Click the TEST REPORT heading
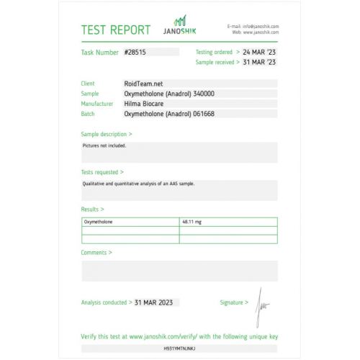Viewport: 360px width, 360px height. click(x=115, y=30)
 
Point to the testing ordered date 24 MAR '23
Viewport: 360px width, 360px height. click(x=259, y=53)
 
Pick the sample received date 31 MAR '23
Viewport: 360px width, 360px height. click(x=259, y=63)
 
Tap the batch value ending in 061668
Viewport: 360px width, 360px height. click(x=169, y=114)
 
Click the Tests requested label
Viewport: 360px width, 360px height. click(x=102, y=172)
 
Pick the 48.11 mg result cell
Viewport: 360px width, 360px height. click(x=192, y=222)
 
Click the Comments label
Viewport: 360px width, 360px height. click(x=96, y=253)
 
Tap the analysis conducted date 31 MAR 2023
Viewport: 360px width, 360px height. click(x=156, y=302)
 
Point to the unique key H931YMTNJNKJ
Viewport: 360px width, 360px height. click(x=179, y=348)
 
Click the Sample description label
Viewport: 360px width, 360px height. click(x=106, y=134)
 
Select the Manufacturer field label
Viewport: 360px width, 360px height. click(x=96, y=104)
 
